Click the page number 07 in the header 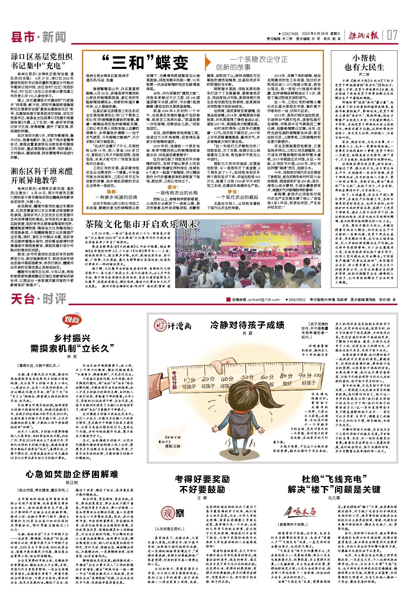[x=392, y=35]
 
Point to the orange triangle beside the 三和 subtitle [x=208, y=62]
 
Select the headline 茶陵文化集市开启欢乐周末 [x=141, y=224]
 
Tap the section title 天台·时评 [x=38, y=299]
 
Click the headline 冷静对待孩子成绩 [x=247, y=325]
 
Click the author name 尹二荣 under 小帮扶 [x=364, y=74]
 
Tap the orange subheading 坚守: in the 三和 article [x=173, y=187]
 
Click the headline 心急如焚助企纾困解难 [x=72, y=474]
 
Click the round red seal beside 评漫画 [x=160, y=325]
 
